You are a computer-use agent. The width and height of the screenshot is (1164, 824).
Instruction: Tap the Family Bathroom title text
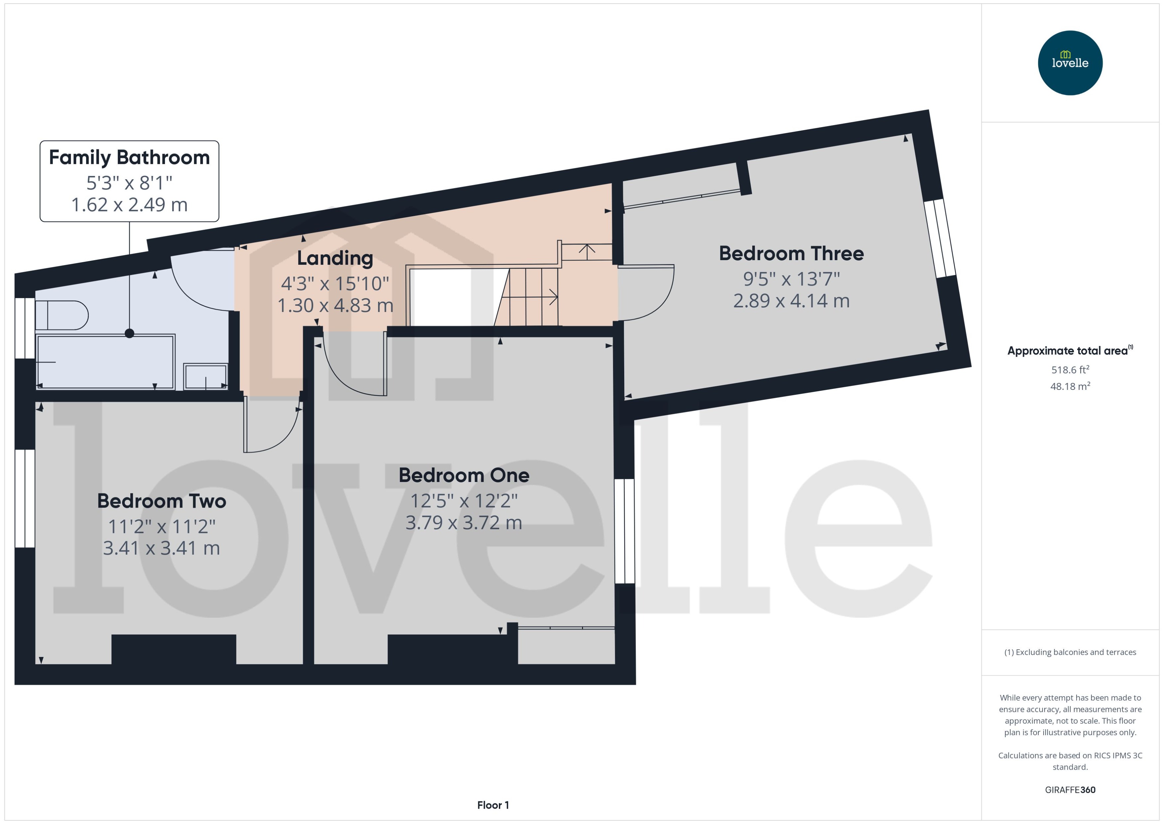pos(129,157)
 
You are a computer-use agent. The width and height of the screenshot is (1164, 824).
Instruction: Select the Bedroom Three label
pos(791,253)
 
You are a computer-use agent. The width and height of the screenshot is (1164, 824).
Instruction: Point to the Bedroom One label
pos(464,475)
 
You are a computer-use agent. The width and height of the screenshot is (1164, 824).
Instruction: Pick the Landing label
pos(335,258)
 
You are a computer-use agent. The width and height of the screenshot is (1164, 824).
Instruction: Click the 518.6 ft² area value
pos(1070,369)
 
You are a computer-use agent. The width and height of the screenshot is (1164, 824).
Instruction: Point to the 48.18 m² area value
pos(1070,386)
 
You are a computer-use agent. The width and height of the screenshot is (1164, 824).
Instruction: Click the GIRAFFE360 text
pos(1070,789)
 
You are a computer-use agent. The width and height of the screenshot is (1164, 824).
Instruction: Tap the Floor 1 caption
pos(493,805)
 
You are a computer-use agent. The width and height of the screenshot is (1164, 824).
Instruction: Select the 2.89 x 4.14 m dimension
pos(791,301)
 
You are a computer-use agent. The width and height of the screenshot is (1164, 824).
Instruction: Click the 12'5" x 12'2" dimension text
pos(464,501)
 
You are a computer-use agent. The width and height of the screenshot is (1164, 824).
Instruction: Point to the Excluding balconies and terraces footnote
pos(1070,652)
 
